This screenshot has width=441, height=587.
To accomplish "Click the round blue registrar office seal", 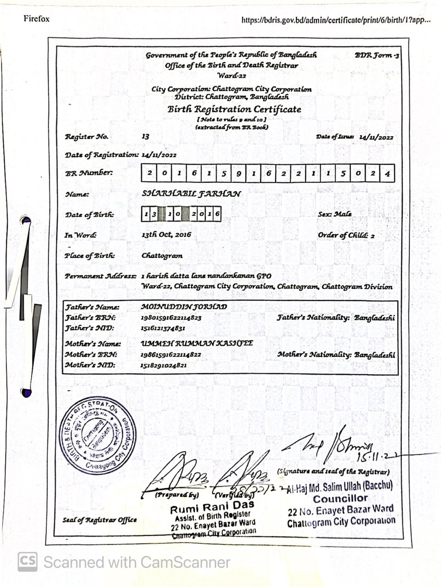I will click(x=98, y=435).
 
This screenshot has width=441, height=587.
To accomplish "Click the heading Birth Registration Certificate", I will click(x=234, y=110).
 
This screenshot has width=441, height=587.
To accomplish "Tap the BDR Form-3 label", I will click(x=376, y=55).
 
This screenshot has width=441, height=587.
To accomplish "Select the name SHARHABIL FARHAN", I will click(x=191, y=194).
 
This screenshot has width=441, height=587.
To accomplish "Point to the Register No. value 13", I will click(x=146, y=137).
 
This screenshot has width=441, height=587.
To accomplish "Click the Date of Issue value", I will click(x=376, y=137).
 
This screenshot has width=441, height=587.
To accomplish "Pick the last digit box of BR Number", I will click(x=387, y=173).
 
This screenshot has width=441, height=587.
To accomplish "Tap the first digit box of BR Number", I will click(x=149, y=173).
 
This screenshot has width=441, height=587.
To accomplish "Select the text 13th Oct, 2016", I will click(x=166, y=235).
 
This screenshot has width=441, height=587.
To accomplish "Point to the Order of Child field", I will click(x=346, y=235).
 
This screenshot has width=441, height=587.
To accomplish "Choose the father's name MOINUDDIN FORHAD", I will click(x=184, y=307).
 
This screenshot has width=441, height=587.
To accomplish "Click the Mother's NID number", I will click(x=163, y=365).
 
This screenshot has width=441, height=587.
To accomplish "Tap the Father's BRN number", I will click(x=171, y=317).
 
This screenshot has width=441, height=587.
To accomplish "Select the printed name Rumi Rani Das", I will click(x=212, y=508).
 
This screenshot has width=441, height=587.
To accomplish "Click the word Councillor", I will click(x=340, y=498).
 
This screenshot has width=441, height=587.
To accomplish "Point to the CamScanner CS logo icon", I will click(x=27, y=562).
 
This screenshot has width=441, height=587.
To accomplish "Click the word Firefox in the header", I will click(x=37, y=19).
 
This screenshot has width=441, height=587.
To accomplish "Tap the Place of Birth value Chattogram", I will click(x=162, y=256).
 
